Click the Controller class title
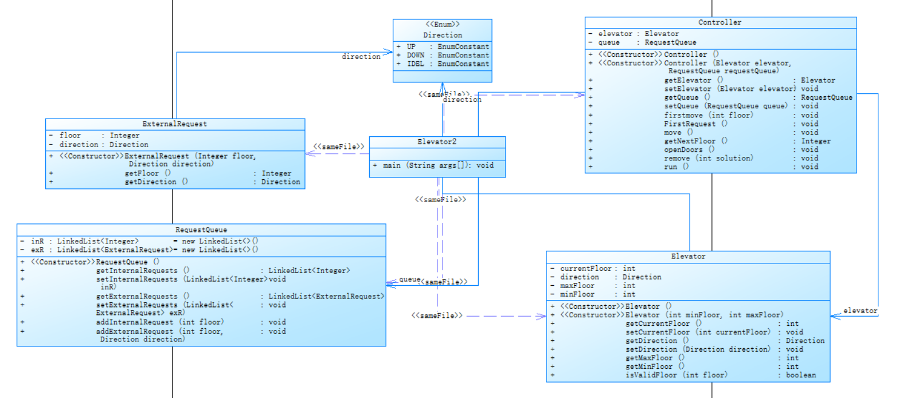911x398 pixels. coord(720,22)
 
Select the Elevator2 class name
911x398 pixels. coord(437,141)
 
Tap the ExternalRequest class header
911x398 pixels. coord(175,124)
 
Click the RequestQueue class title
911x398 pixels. coord(201,230)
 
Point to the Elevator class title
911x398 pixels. coord(688,257)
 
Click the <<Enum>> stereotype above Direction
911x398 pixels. coord(442,24)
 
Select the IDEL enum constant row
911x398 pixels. coord(442,64)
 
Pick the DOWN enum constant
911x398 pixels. coord(442,56)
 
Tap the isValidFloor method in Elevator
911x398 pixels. coord(676,375)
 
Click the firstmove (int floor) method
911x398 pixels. coord(708,115)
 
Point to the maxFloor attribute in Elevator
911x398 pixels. coord(577,286)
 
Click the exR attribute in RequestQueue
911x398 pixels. coord(37,250)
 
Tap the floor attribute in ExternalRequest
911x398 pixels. coord(70,136)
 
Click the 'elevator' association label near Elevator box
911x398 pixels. coord(860,311)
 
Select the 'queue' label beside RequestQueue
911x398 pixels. coord(409,279)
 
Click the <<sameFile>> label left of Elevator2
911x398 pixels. coord(339,147)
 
